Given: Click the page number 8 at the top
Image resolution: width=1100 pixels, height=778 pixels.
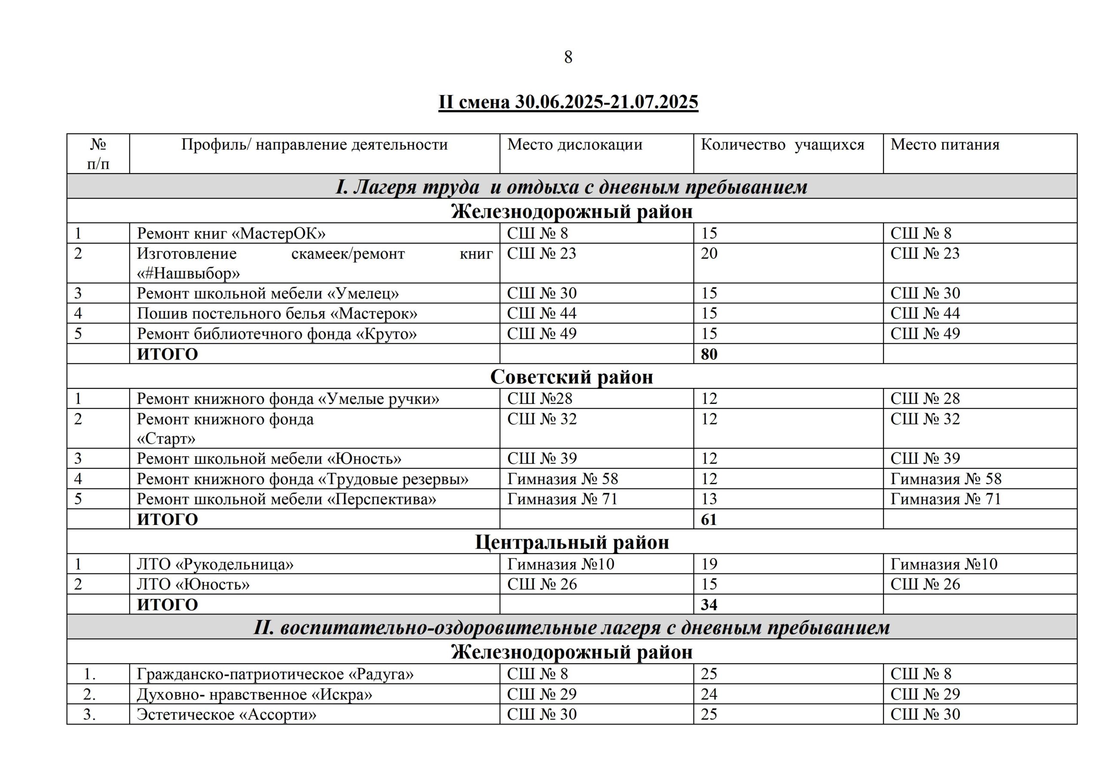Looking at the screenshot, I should (568, 58).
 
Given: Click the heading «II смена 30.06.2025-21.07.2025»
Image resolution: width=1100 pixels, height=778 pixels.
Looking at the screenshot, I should (568, 102).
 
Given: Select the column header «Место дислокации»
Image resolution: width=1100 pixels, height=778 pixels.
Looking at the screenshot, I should (574, 145).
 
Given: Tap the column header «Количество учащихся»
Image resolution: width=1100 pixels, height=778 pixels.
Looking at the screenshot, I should (782, 145).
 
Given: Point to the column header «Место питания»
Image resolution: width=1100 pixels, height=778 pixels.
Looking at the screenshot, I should (945, 145).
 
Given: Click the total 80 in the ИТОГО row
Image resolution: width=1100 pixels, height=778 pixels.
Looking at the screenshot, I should (709, 354).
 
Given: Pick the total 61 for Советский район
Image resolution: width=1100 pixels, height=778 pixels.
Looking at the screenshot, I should (709, 519).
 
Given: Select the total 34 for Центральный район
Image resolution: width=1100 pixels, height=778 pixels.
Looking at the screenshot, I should (709, 604).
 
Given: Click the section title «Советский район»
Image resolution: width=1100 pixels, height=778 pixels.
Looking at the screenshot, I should (571, 377).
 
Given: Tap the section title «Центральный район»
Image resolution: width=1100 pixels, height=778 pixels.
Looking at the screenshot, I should (571, 542).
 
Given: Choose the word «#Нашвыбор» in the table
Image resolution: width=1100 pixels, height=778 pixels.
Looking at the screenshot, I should (188, 274).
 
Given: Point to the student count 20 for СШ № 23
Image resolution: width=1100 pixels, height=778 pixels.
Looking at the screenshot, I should (709, 253).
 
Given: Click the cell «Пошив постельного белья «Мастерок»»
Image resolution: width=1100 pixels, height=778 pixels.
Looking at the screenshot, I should (277, 314).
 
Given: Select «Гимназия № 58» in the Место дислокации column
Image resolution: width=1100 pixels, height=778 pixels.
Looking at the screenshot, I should (562, 479).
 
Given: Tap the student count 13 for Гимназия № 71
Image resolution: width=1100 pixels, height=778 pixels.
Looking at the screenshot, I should (709, 499).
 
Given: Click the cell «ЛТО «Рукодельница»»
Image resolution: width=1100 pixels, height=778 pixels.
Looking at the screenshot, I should (215, 564).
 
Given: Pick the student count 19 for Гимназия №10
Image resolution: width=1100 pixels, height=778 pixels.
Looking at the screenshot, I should (709, 564).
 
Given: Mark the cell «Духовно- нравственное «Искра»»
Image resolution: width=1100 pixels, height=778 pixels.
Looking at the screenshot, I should (254, 695).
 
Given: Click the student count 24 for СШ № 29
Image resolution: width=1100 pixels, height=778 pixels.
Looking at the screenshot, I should (709, 695).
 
